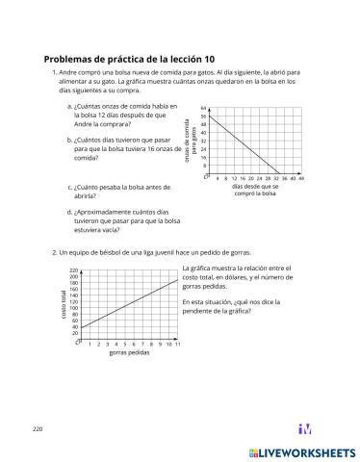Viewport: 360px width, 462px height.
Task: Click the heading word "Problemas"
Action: [x=71, y=58]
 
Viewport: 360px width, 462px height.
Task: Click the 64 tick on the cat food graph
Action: [x=204, y=108]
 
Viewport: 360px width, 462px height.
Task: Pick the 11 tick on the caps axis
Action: [x=178, y=344]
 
